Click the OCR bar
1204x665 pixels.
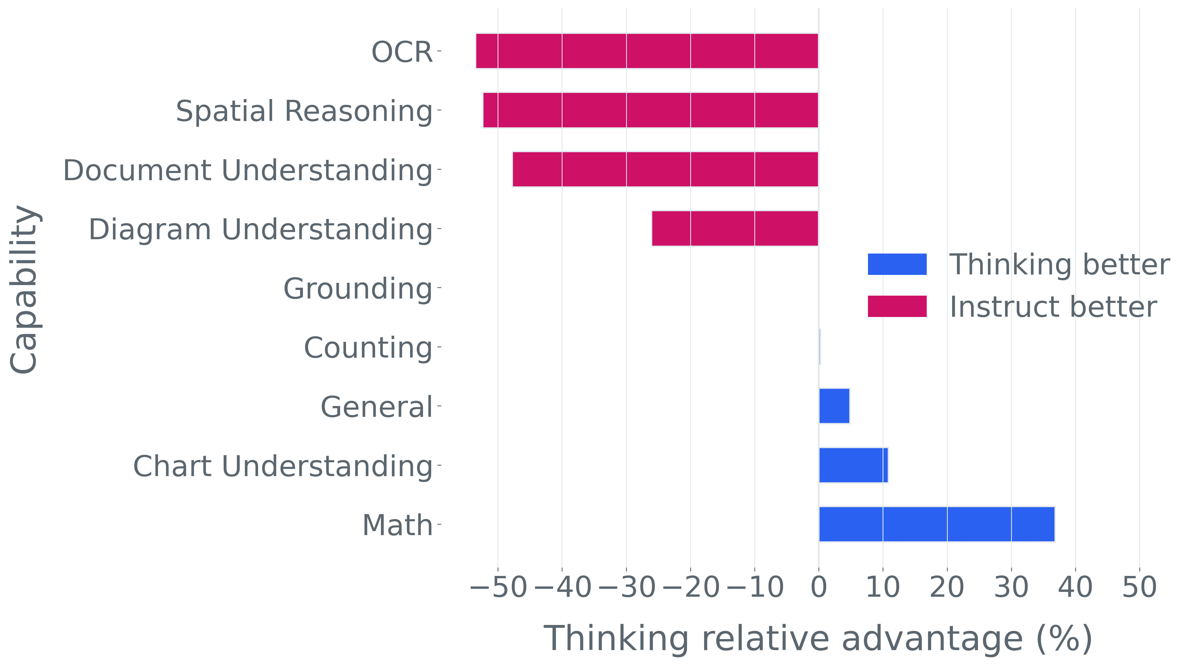pyautogui.click(x=647, y=51)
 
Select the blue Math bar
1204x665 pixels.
pyautogui.click(x=937, y=524)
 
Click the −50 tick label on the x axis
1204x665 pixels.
pyautogui.click(x=498, y=587)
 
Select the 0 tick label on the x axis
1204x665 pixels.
pyautogui.click(x=818, y=587)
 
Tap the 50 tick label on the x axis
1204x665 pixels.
pyautogui.click(x=1140, y=587)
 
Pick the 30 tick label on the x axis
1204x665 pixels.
pyautogui.click(x=1011, y=587)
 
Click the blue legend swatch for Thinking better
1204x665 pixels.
pyautogui.click(x=897, y=264)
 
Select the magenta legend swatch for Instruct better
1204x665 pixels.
pyautogui.click(x=897, y=306)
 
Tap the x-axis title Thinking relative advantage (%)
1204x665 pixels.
pyautogui.click(x=818, y=639)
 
